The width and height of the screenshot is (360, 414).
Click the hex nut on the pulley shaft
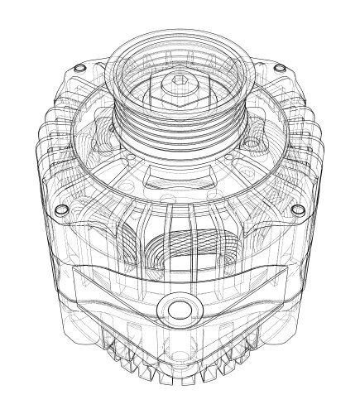179,84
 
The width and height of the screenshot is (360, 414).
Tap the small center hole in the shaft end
179,80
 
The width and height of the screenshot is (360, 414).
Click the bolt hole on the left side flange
60,210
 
